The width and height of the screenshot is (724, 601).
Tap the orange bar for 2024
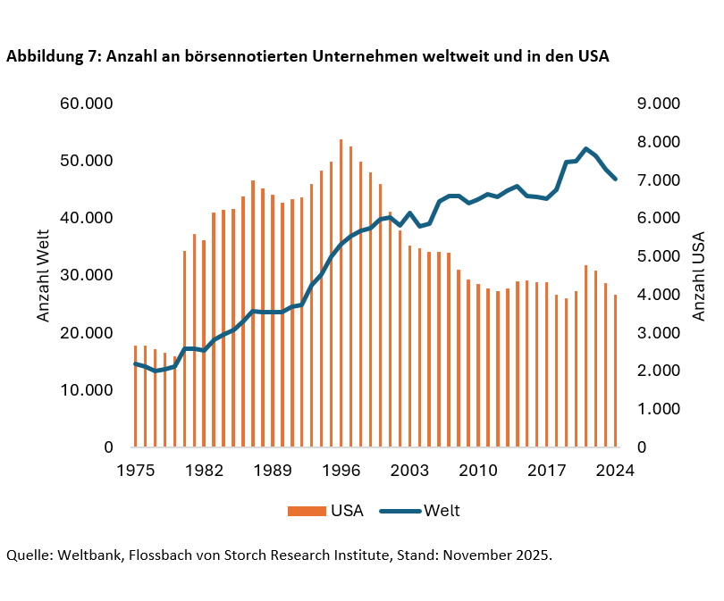pos(616,371)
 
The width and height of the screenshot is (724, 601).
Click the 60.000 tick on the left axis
pos(87,104)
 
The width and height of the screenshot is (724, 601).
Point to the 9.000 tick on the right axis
pos(659,104)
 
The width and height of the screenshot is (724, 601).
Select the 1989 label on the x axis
pos(274,470)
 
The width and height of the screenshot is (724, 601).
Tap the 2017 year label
pos(547,470)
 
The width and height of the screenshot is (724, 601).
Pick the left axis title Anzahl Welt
pos(43,275)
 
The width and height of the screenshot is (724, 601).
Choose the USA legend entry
pos(325,511)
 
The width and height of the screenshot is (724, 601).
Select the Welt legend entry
pos(420,511)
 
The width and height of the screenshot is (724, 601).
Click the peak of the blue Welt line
pos(585,149)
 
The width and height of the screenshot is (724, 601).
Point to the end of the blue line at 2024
pos(616,179)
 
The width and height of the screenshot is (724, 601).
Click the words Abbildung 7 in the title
pos(55,56)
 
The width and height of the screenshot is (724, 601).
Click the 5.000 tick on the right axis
pos(659,256)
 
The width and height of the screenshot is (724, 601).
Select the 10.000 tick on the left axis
pos(87,390)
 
